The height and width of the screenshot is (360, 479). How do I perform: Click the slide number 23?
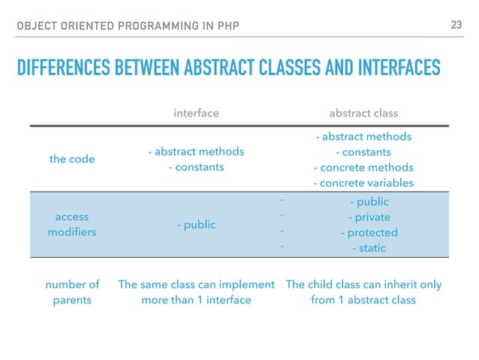(x=455, y=26)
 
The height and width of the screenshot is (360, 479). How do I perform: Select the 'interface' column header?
(x=196, y=113)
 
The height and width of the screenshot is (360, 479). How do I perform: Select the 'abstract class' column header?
(x=363, y=113)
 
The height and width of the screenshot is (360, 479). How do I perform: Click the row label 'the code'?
(x=72, y=159)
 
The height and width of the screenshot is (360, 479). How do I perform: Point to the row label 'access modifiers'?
(x=72, y=225)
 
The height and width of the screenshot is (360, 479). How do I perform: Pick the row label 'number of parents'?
(x=72, y=292)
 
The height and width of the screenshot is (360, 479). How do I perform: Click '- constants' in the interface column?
(x=196, y=167)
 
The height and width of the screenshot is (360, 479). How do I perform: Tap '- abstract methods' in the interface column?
(x=196, y=152)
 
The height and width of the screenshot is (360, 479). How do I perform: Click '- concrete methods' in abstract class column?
(x=363, y=168)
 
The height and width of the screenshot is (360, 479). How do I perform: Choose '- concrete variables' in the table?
(x=363, y=183)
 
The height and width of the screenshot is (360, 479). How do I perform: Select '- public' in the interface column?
(x=196, y=225)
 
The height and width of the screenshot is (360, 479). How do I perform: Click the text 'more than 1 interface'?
(x=196, y=300)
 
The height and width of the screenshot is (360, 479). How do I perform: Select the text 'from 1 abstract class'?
(x=363, y=300)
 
